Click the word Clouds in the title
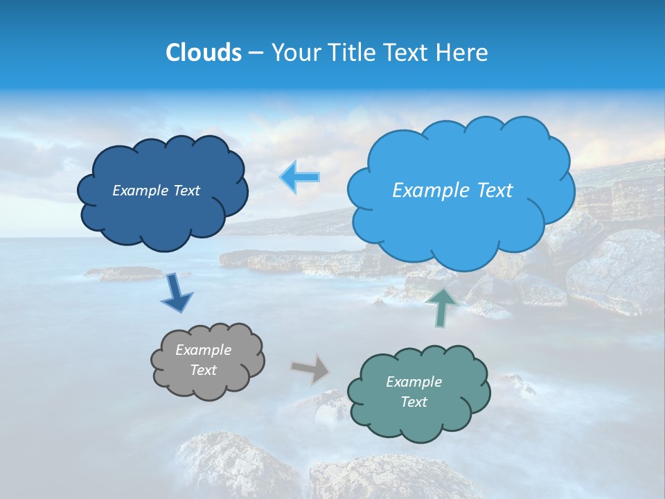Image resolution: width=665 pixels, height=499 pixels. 203,53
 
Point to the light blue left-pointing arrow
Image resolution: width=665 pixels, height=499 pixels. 300,177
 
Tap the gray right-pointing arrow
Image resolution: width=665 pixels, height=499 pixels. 310,369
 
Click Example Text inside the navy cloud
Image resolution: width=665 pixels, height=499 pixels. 156,191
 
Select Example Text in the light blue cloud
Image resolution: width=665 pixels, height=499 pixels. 452,191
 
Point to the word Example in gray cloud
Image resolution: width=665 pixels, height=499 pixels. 203,350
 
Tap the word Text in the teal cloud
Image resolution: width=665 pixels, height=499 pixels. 414,402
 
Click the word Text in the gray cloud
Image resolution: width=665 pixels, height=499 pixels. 203,370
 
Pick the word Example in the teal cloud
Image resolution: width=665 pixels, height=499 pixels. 414,382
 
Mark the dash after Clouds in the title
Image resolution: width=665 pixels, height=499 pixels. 255,53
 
